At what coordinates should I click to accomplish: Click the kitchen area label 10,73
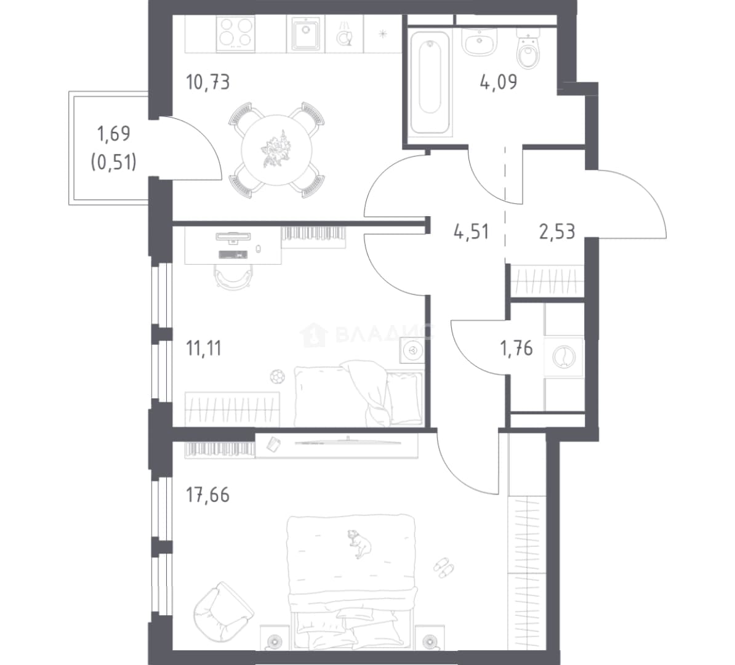point(208,83)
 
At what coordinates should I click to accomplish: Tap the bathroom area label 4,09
point(498,82)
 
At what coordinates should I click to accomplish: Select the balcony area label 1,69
point(113,134)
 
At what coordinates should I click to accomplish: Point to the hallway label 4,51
point(471,232)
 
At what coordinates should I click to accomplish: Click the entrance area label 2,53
point(557,232)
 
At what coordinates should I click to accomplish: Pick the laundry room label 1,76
point(516,349)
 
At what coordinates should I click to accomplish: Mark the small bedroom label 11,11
point(204,349)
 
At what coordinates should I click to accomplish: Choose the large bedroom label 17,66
point(208,495)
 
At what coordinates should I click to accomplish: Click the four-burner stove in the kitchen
point(236,33)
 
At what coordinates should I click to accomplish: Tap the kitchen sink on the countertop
point(305,33)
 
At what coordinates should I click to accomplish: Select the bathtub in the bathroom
point(430,83)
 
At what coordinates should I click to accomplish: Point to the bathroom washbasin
point(479,41)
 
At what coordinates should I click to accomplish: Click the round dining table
point(276,150)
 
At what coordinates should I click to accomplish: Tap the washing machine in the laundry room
point(563,357)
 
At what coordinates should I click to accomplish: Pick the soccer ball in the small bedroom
point(277,376)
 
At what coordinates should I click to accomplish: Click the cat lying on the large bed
point(359,543)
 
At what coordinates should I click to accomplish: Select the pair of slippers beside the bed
point(443,566)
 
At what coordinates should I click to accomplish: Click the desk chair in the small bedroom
point(232,275)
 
